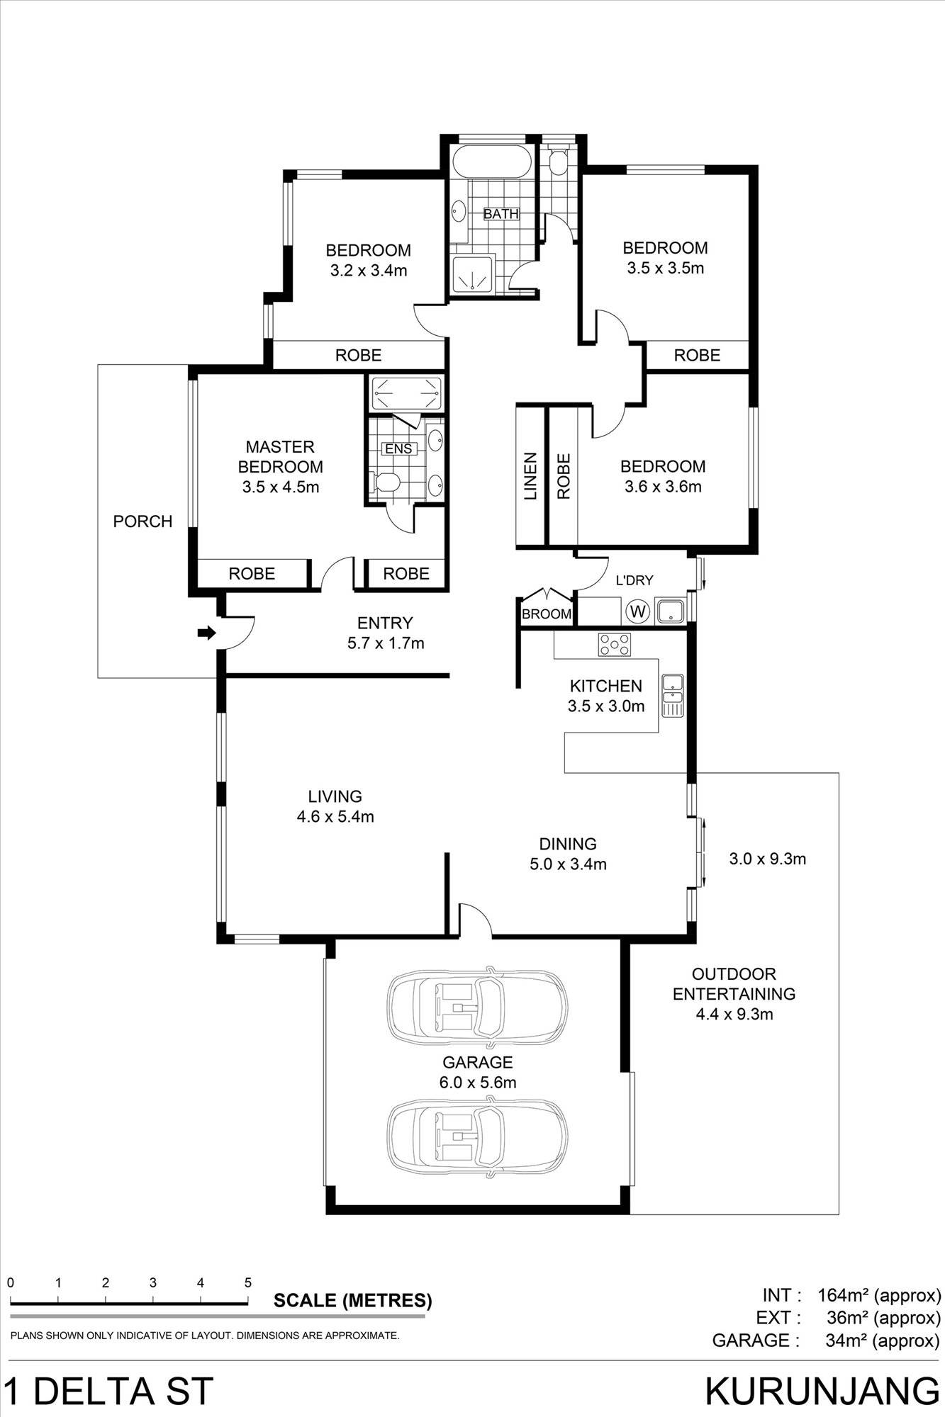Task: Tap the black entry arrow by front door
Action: (x=206, y=633)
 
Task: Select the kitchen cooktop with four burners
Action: (x=615, y=644)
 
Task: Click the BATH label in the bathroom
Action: (x=501, y=213)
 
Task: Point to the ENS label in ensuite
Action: (x=398, y=448)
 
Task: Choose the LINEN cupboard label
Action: (x=530, y=476)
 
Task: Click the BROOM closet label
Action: (x=546, y=614)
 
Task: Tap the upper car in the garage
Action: (x=477, y=1006)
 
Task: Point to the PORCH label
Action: (x=142, y=521)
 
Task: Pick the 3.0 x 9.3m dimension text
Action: (x=767, y=859)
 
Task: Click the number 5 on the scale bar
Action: (x=248, y=1282)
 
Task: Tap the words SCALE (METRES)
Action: (x=352, y=1300)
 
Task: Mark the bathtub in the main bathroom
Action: (x=492, y=162)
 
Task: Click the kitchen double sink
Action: (x=672, y=695)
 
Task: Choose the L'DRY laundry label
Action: (x=634, y=580)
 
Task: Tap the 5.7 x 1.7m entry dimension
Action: (x=385, y=643)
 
